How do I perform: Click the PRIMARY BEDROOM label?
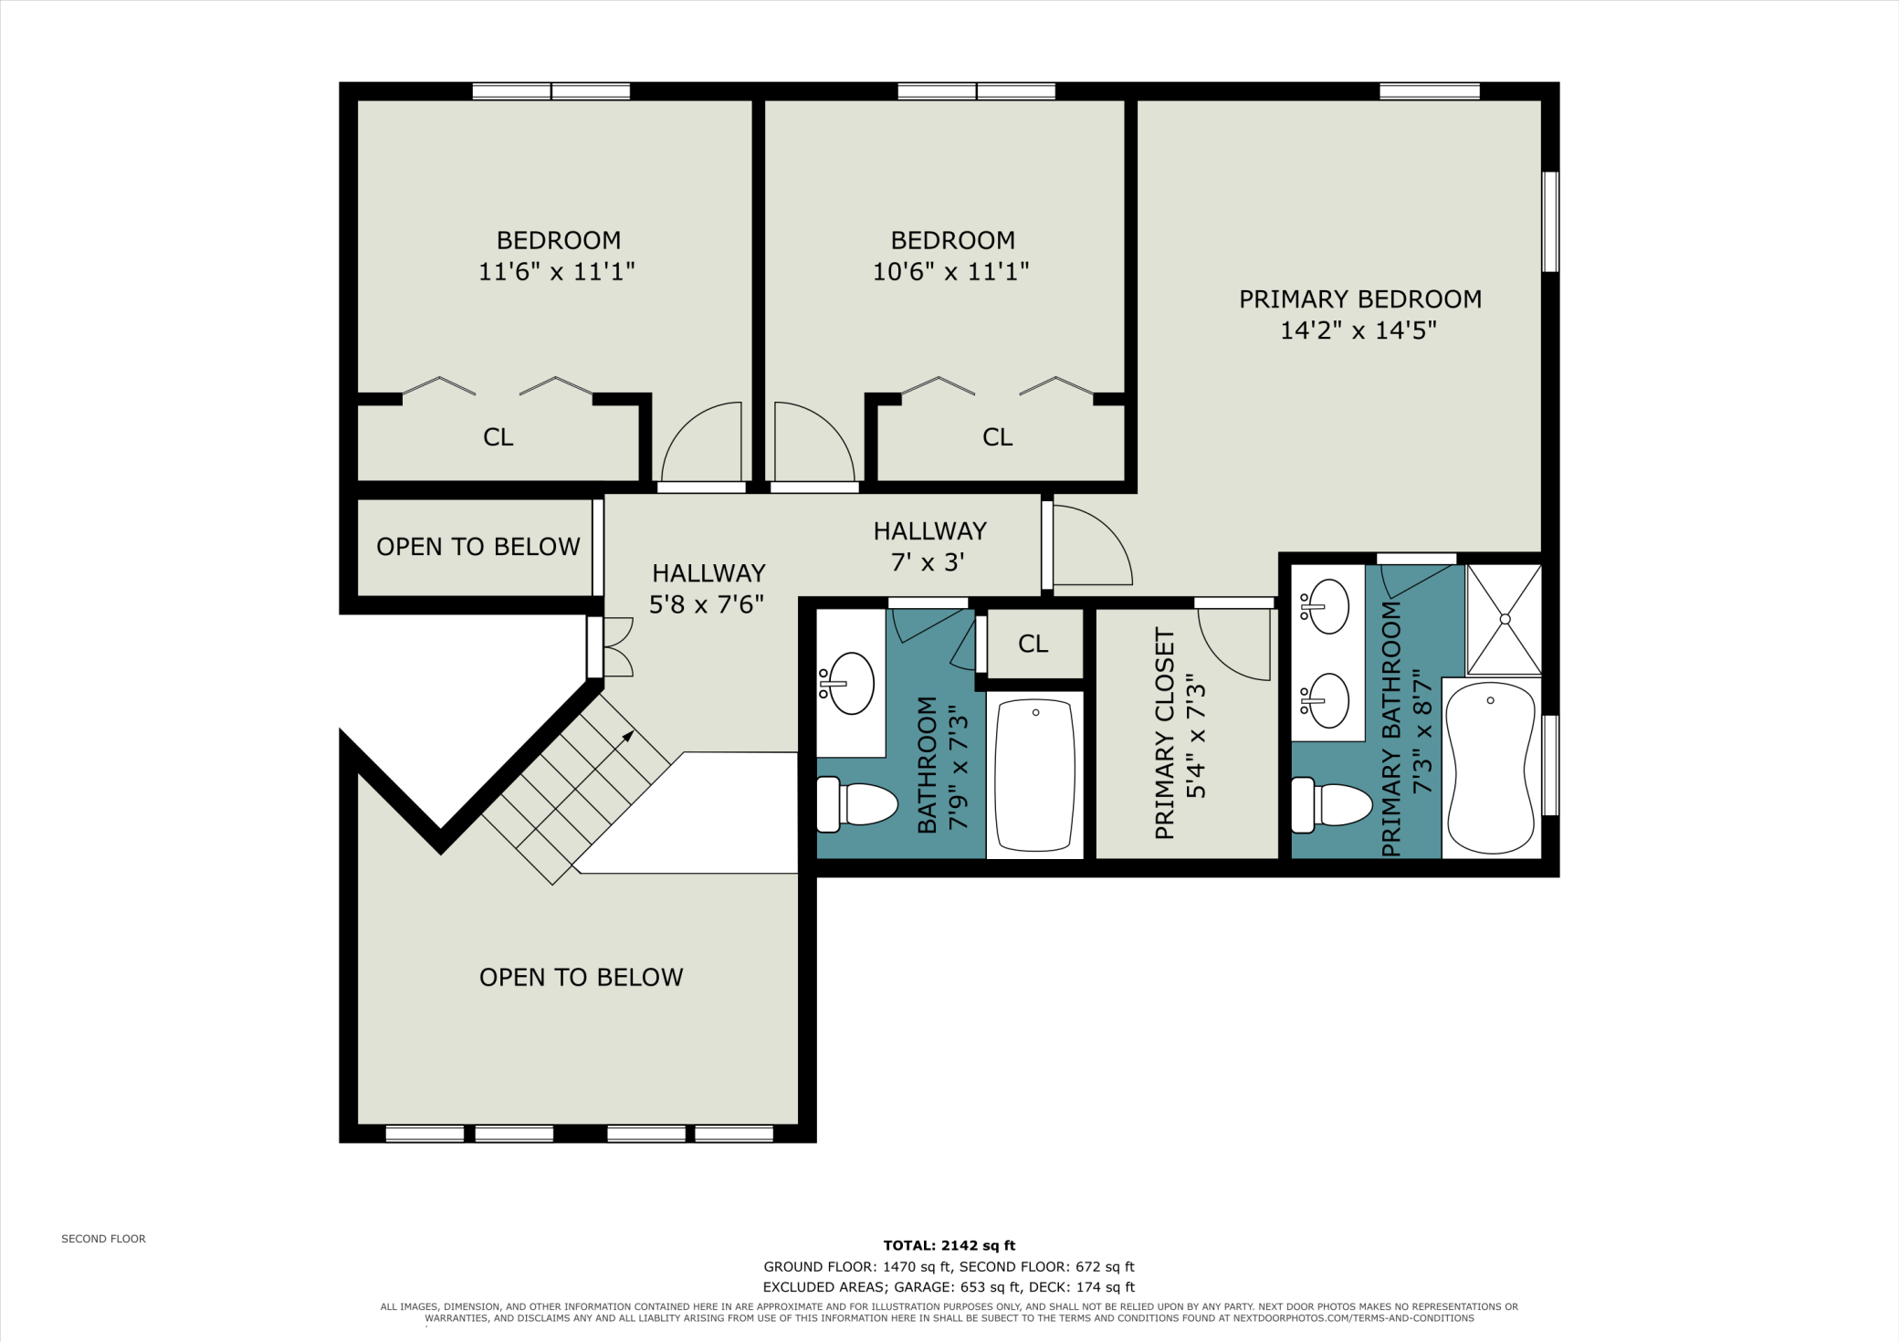(x=1359, y=299)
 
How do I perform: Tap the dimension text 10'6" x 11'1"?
(x=950, y=271)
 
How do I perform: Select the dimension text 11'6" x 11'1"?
(x=556, y=271)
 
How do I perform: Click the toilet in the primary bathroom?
(x=1331, y=805)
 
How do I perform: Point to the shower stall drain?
(x=1505, y=619)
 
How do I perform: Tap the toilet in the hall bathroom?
(x=856, y=804)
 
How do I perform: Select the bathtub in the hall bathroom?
(x=1034, y=774)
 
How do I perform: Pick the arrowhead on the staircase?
(x=628, y=735)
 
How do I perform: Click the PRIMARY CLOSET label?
(x=1165, y=733)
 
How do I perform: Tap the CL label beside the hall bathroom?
(x=1033, y=645)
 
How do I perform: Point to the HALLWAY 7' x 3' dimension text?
(x=928, y=562)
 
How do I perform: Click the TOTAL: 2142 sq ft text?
(x=949, y=1245)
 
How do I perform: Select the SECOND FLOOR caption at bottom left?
(x=103, y=1239)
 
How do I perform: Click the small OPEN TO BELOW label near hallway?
(x=477, y=547)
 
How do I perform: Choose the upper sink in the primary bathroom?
(x=1325, y=605)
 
